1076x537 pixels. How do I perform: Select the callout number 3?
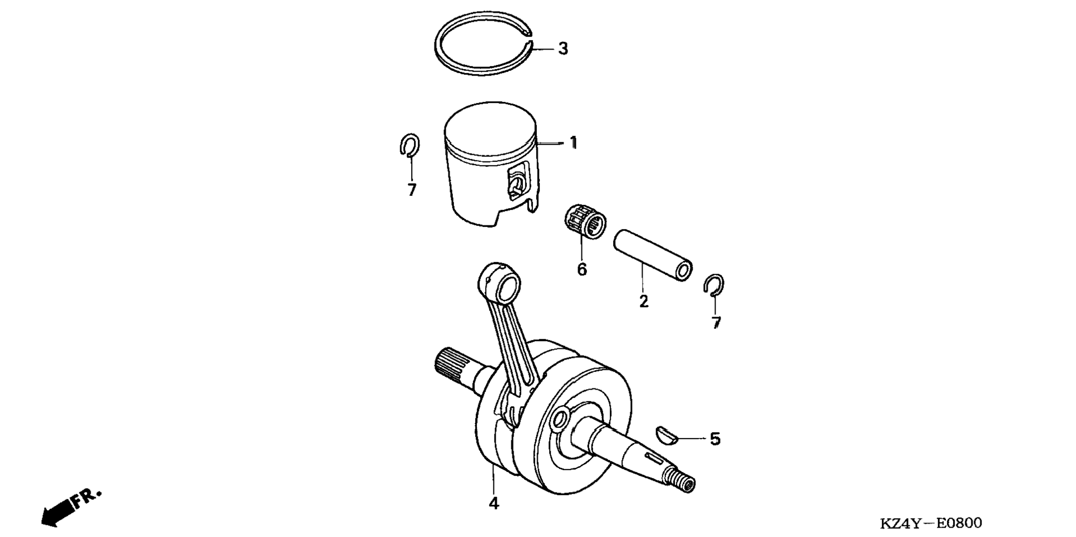click(x=563, y=49)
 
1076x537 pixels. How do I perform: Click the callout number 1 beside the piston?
click(x=573, y=143)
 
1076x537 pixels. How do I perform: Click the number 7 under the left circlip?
click(x=412, y=190)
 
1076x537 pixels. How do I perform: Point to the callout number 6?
click(x=581, y=269)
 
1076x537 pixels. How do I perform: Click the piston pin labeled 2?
click(x=653, y=254)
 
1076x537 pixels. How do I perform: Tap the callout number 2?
click(x=644, y=302)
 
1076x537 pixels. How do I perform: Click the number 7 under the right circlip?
click(x=716, y=323)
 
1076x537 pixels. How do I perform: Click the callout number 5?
click(x=715, y=439)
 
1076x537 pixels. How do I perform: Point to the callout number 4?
click(x=493, y=503)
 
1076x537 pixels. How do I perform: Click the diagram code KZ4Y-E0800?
click(x=931, y=523)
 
